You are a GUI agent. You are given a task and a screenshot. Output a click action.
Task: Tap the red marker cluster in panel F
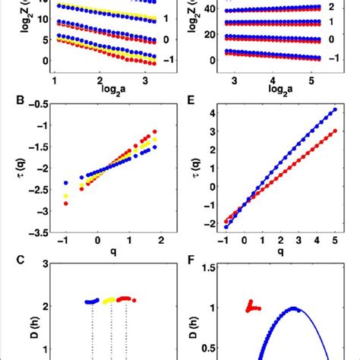pos(252,305)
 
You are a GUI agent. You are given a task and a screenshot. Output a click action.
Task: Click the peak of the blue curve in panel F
pos(292,308)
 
